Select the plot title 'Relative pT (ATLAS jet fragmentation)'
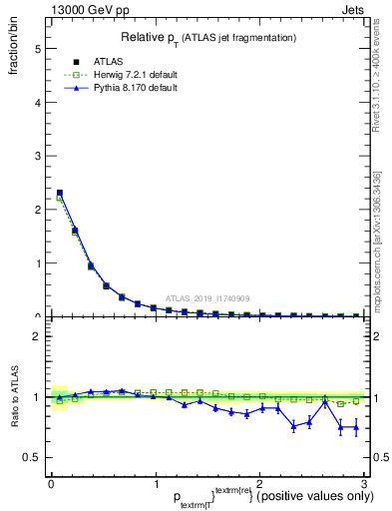click(x=207, y=38)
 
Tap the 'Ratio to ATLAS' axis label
click(x=14, y=396)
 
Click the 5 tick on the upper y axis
click(x=37, y=48)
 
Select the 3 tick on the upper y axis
click(x=37, y=156)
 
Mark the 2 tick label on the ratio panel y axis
click(x=37, y=336)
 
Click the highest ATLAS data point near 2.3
click(x=60, y=193)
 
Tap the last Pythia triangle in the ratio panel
click(x=356, y=428)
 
